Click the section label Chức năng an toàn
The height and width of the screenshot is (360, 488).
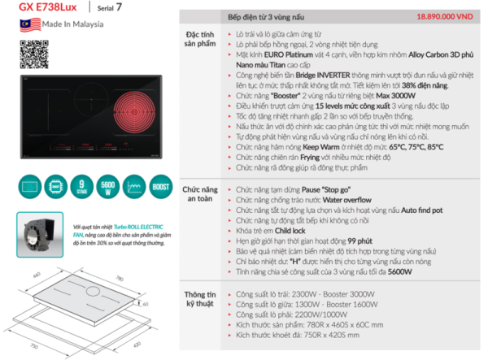(x=197, y=193)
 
